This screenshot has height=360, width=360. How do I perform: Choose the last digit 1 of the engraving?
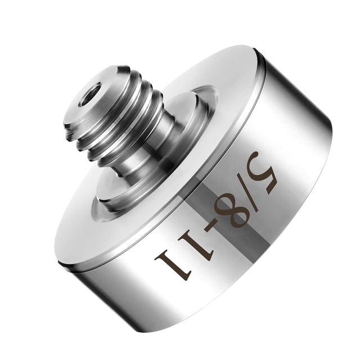(x=173, y=263)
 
